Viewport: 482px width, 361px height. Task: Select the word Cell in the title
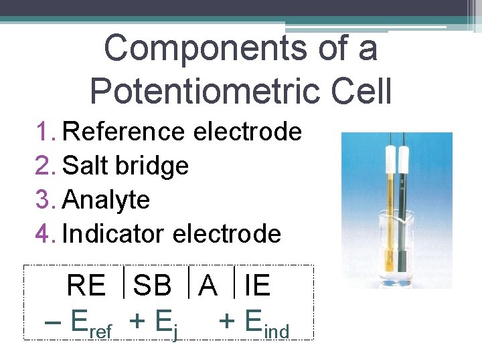(358, 92)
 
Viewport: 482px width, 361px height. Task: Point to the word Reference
(123, 132)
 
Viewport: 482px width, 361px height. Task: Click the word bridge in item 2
(157, 166)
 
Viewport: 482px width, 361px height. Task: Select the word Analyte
(106, 200)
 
